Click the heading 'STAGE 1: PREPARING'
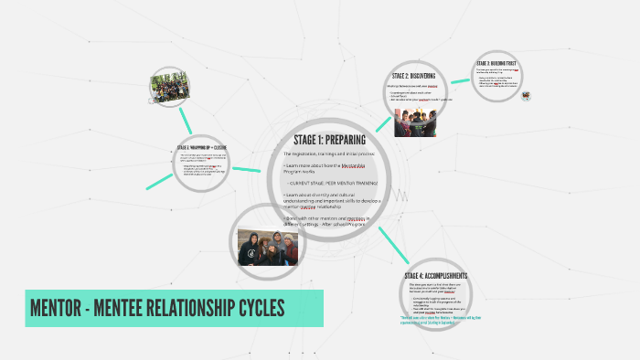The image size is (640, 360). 330,140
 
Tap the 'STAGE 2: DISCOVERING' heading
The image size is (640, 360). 413,76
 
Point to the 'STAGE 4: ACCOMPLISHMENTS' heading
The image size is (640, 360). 436,276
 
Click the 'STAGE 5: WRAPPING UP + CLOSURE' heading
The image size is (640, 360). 201,147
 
